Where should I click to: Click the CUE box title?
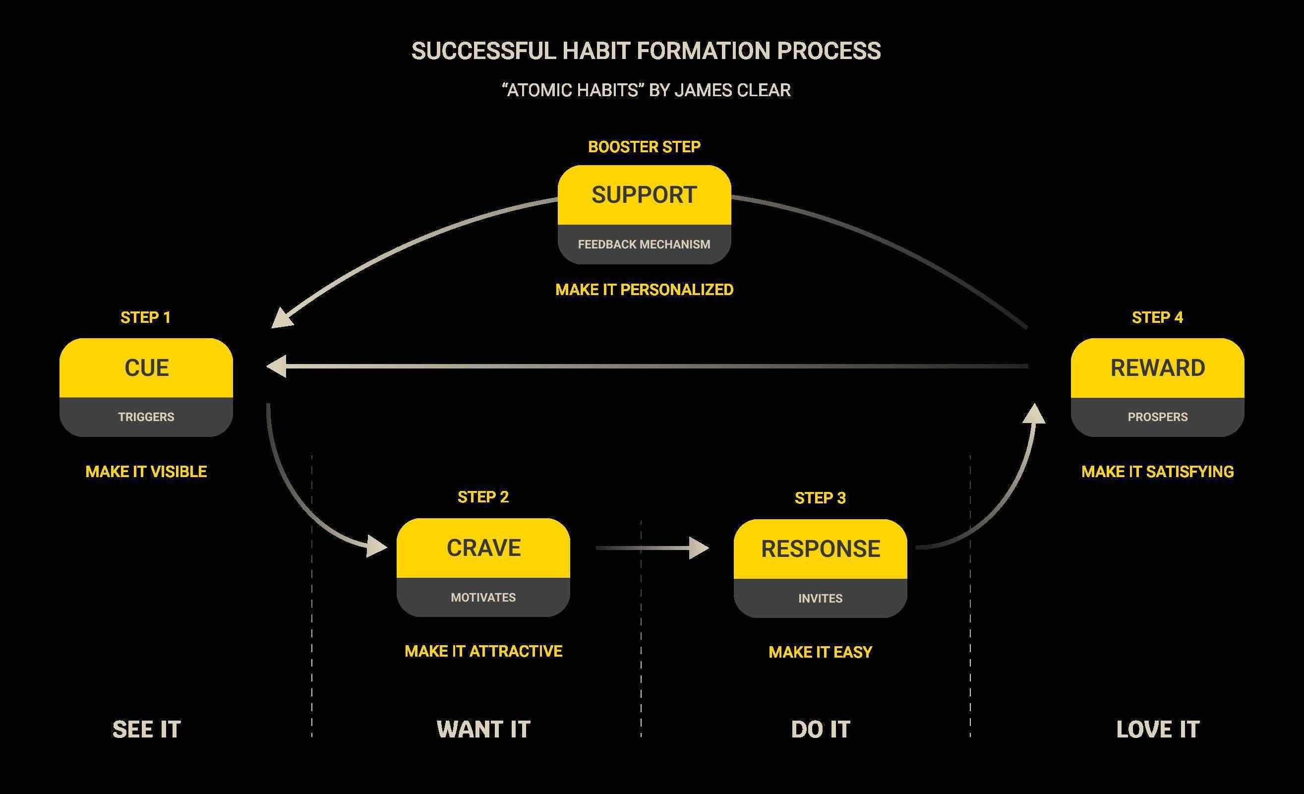coord(147,368)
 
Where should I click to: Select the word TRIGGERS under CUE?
coord(146,417)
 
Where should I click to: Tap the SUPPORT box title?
coord(644,195)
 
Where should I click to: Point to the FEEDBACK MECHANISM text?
coord(644,244)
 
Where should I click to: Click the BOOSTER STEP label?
coord(644,147)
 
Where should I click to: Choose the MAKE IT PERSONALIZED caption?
coord(644,290)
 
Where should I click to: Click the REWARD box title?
coord(1157,368)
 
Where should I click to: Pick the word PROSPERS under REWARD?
coord(1157,417)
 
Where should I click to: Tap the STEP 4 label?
coord(1157,317)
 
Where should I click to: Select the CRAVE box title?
coord(483,548)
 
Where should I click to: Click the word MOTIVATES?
coord(483,598)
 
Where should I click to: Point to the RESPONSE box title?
coord(820,549)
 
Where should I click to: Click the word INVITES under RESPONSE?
coord(820,599)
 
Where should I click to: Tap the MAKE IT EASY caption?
coord(820,652)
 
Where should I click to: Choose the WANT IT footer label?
coord(483,730)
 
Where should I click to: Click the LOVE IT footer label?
coord(1157,730)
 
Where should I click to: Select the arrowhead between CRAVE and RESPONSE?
coord(700,549)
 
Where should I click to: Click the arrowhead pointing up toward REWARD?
coord(1034,415)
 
